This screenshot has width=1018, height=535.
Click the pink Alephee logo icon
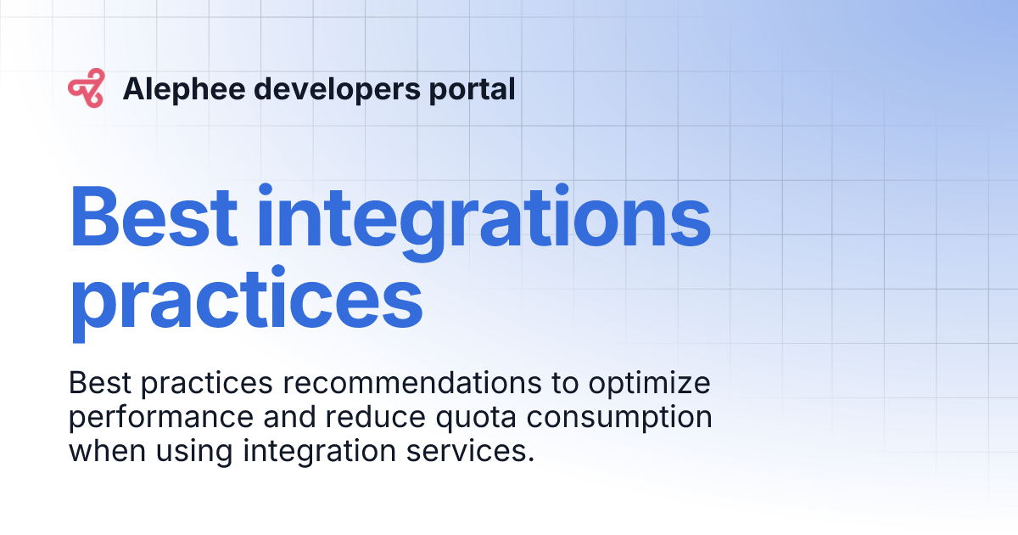(x=86, y=89)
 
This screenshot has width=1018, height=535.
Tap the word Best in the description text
(x=99, y=384)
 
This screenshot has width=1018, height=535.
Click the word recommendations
(x=411, y=385)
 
